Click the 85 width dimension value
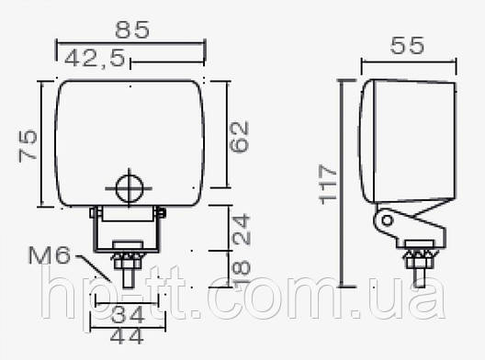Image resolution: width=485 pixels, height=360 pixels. pos(132,29)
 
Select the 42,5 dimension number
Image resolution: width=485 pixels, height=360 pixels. pos(95,58)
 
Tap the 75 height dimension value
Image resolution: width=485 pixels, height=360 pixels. pos(28,146)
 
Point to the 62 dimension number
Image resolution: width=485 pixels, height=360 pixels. pos(240,137)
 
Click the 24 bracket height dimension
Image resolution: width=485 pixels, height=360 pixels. pos(241,229)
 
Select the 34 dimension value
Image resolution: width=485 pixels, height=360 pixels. pos(128,314)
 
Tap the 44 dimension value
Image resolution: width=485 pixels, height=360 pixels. pos(127,336)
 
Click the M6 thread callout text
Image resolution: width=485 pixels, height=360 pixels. pos(50,255)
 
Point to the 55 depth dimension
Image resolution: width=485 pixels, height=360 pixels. pos(407,46)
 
